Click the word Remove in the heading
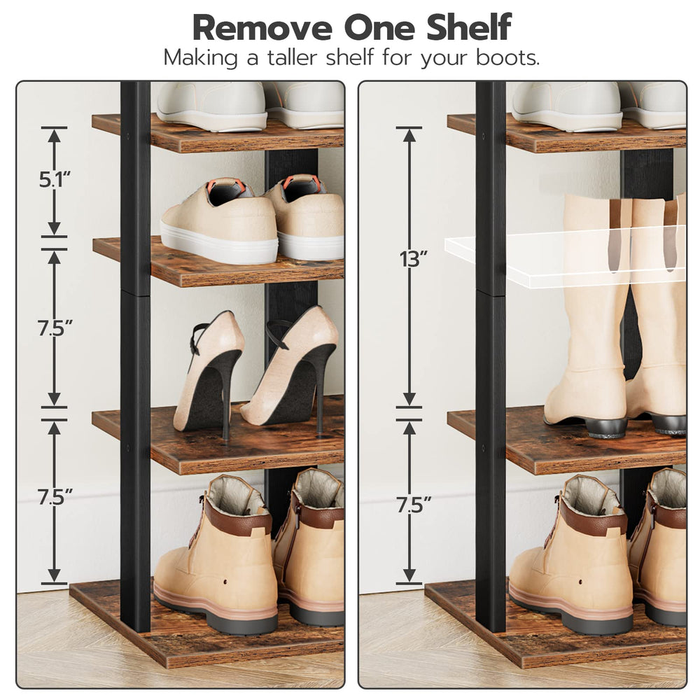click(x=262, y=28)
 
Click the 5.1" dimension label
click(x=55, y=179)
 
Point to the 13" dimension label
click(x=414, y=260)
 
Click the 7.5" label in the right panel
click(x=414, y=505)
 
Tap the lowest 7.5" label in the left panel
click(x=55, y=497)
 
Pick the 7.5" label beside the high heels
click(x=55, y=328)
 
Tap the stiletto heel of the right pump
click(x=320, y=393)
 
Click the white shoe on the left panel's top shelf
click(x=213, y=106)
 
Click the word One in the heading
click(x=380, y=28)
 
